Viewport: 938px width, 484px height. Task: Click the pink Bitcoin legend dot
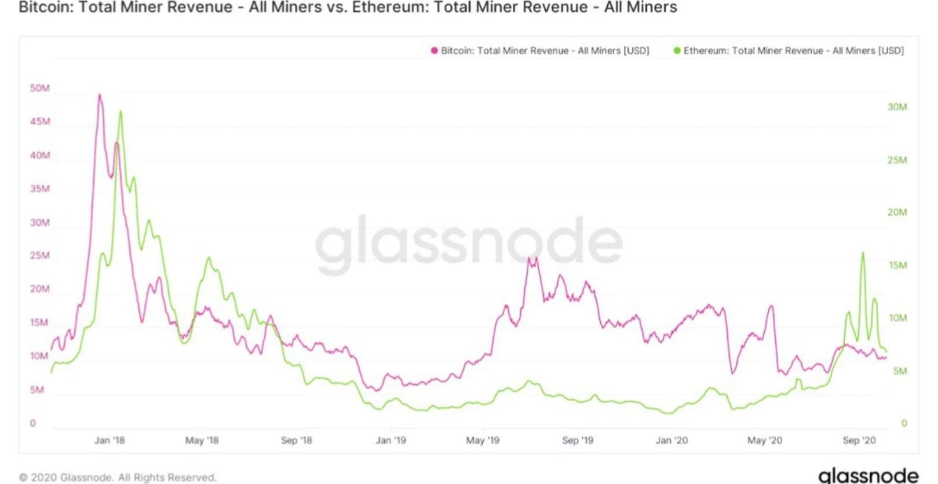(x=434, y=51)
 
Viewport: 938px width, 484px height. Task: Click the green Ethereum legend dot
(x=677, y=51)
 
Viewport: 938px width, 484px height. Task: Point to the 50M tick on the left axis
(x=40, y=88)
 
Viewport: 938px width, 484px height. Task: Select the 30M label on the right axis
(x=897, y=107)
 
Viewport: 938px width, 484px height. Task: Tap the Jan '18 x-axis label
(x=109, y=440)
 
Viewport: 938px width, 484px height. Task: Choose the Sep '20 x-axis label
(x=859, y=440)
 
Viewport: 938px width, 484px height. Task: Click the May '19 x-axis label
(x=482, y=440)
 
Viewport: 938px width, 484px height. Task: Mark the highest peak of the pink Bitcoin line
(x=100, y=95)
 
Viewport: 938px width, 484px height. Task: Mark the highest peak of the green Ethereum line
(x=121, y=111)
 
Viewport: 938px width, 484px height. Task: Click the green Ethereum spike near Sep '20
(x=863, y=253)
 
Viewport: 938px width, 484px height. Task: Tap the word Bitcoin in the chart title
(x=44, y=8)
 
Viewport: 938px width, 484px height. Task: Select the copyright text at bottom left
(x=118, y=477)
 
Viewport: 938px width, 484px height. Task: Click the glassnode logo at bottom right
(x=868, y=475)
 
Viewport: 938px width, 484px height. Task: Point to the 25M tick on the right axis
(x=897, y=160)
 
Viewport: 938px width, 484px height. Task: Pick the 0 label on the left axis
(x=32, y=423)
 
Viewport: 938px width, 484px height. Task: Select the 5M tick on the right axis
(x=899, y=371)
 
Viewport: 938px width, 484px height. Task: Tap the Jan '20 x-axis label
(x=671, y=440)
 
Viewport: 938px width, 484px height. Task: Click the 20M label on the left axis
(x=40, y=289)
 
